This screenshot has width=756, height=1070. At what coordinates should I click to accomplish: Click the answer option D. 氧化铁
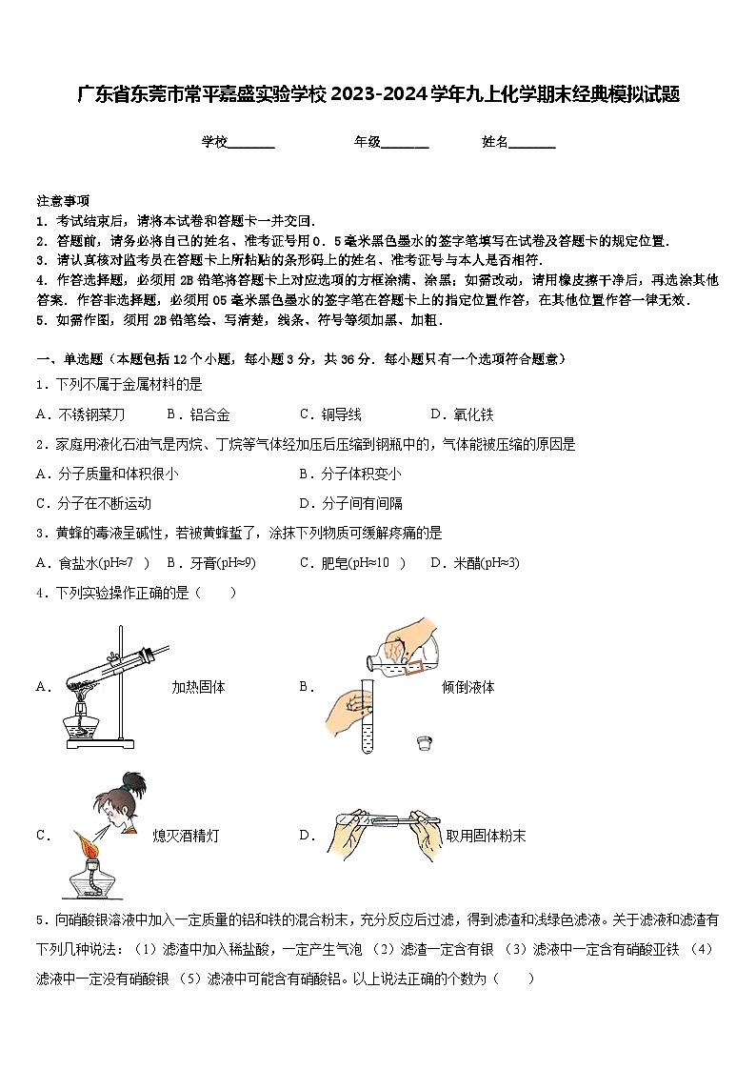coord(462,414)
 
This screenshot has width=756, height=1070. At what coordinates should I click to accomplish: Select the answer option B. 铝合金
coord(198,414)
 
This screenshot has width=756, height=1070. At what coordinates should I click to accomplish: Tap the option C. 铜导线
coord(329,414)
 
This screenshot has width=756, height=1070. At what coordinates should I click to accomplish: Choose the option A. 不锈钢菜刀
coord(80,414)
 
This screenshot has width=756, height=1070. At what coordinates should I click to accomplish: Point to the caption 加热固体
coord(198,687)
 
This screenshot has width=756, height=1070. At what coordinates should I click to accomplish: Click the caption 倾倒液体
coord(468,687)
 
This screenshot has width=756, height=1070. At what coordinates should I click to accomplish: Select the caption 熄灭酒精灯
coord(186,836)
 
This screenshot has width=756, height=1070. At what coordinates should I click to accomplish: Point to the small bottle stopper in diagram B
coord(426,741)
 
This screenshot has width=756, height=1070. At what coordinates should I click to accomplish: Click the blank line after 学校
coord(251,144)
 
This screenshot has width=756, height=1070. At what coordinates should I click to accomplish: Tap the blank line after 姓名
coord(532,144)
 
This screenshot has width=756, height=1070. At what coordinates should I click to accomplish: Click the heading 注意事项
coord(63,201)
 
